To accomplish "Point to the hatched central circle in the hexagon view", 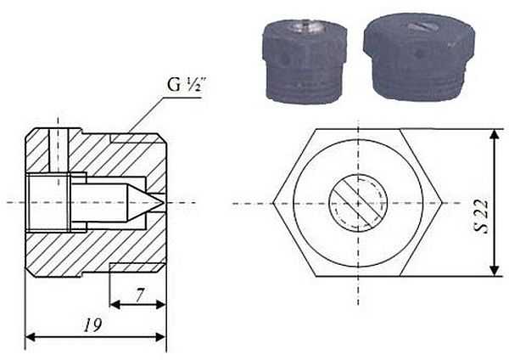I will point(357,204).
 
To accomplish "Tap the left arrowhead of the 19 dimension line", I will point(30,338).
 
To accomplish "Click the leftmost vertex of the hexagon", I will point(277,204).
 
